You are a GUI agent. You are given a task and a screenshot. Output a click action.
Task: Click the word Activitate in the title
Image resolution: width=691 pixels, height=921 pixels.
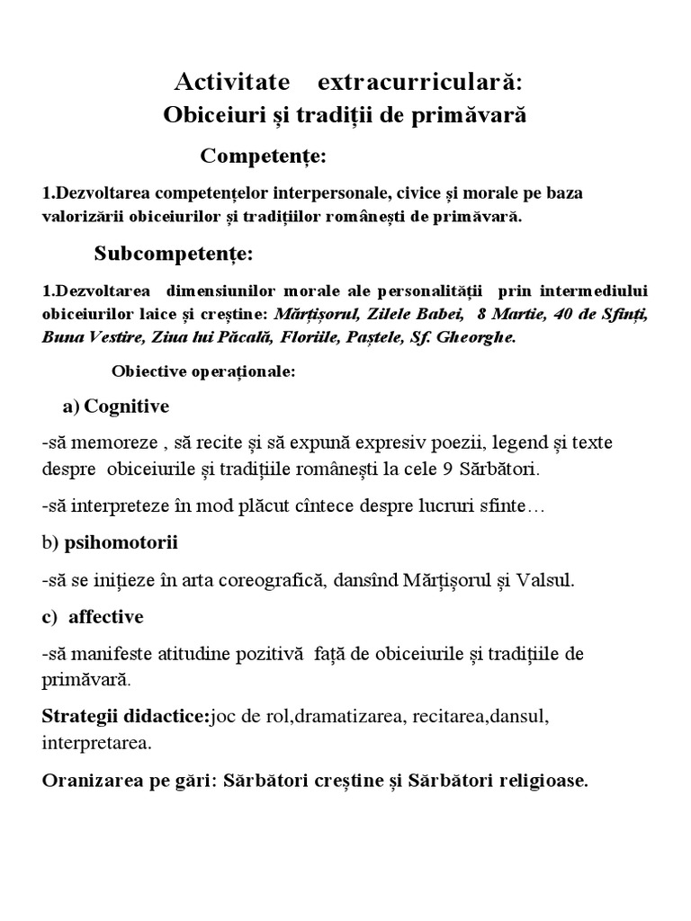tap(232, 83)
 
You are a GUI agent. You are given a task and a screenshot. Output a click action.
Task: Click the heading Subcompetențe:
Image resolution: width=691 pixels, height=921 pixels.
tap(174, 255)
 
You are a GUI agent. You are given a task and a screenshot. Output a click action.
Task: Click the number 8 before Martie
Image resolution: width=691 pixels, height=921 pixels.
tap(483, 316)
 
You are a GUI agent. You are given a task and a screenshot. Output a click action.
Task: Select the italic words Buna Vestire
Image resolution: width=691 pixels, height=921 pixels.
tap(85, 338)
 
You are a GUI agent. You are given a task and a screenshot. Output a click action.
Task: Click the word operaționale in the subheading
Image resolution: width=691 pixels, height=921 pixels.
tap(245, 371)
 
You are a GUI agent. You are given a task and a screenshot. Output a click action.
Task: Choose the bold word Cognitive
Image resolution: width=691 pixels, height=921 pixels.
tap(127, 407)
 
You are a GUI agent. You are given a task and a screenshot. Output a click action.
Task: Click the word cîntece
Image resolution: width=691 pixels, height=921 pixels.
tap(320, 506)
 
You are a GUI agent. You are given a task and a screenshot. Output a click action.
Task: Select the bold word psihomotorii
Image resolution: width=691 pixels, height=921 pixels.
tap(121, 543)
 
